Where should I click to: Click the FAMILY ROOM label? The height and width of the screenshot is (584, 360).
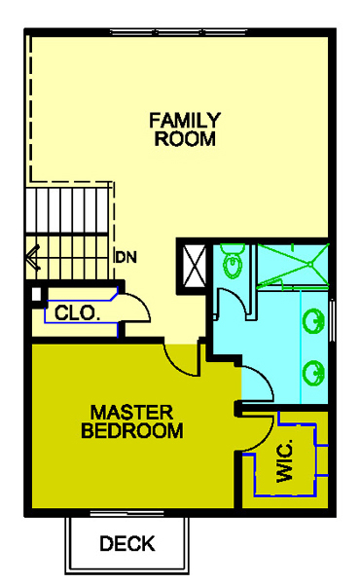[185, 129]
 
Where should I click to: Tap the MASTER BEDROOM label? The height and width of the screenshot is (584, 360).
[132, 421]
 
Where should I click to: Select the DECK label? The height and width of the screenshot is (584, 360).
[127, 543]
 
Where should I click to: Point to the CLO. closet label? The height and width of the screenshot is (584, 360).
[78, 313]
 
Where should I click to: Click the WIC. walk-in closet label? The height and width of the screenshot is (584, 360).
[285, 461]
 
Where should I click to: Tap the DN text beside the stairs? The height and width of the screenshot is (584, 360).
[126, 257]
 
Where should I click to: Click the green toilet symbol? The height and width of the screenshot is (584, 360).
[233, 261]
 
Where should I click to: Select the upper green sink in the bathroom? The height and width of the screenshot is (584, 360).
[314, 321]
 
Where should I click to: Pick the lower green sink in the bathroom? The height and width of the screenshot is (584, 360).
[314, 373]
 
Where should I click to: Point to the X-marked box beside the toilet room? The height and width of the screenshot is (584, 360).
[192, 266]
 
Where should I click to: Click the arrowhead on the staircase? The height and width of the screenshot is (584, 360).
[33, 257]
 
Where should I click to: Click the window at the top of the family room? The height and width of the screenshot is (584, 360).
[179, 32]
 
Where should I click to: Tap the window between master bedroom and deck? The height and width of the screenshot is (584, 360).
[126, 514]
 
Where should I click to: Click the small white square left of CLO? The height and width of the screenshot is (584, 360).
[36, 294]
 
